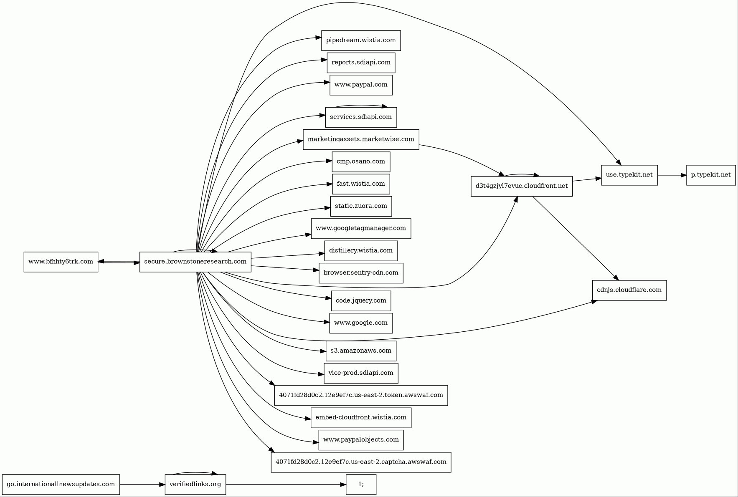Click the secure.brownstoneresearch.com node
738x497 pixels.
[195, 262]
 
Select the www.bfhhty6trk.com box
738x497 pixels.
[61, 262]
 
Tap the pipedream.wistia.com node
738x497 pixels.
[361, 40]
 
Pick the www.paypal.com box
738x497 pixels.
[361, 85]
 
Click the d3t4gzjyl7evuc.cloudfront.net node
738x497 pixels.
[521, 186]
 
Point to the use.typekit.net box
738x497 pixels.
[629, 175]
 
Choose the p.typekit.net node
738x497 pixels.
[710, 175]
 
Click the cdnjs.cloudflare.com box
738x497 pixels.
[629, 290]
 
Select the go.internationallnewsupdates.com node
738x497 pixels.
[61, 484]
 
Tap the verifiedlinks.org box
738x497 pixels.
[195, 484]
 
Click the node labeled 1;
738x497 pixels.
[361, 484]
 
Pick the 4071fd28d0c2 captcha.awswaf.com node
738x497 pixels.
[361, 462]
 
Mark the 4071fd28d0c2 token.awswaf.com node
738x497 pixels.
[361, 396]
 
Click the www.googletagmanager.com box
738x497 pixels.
[361, 229]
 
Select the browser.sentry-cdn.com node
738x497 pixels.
[361, 273]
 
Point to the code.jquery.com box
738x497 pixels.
[361, 301]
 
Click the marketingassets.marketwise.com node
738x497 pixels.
[361, 139]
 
